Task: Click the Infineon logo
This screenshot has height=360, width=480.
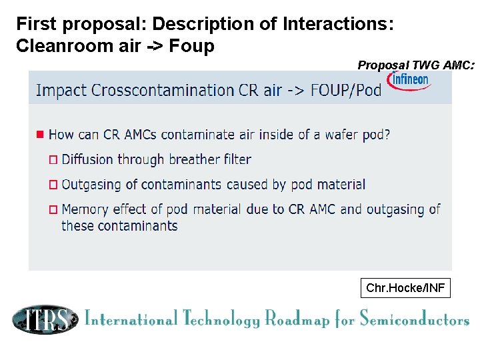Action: (x=410, y=80)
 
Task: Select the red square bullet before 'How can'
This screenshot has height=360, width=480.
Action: (x=40, y=134)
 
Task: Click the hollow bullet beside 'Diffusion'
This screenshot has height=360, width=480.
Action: (x=54, y=160)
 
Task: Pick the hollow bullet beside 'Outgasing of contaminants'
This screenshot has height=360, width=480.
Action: (x=54, y=185)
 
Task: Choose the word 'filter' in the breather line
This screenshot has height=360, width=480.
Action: (x=234, y=159)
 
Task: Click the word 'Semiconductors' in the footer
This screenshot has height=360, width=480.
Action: (x=414, y=320)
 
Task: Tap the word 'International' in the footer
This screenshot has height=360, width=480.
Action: (x=131, y=319)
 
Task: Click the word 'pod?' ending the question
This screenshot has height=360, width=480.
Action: (x=375, y=135)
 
